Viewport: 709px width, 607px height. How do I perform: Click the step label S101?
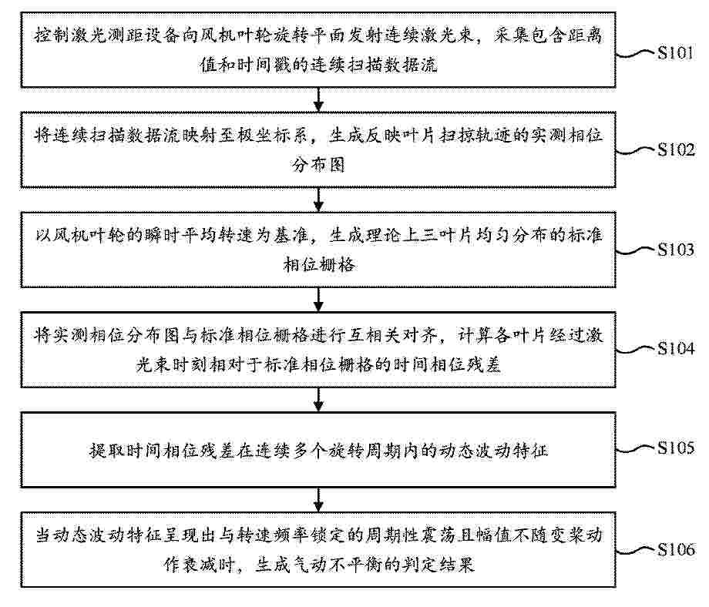pyautogui.click(x=675, y=53)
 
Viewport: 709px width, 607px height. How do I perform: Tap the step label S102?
pyautogui.click(x=676, y=149)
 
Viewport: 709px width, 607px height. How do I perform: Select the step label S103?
pyautogui.click(x=676, y=250)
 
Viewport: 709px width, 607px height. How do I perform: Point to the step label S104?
pyautogui.click(x=676, y=348)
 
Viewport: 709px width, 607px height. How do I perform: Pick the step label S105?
pyautogui.click(x=676, y=448)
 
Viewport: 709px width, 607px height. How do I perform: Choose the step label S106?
pyautogui.click(x=676, y=549)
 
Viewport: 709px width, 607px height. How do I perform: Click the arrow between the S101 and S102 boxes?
pyautogui.click(x=319, y=99)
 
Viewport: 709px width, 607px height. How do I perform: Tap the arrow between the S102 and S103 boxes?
pyautogui.click(x=319, y=200)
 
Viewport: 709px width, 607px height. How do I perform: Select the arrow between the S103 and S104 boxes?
pyautogui.click(x=319, y=299)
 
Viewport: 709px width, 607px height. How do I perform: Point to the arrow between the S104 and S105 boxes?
pyautogui.click(x=319, y=400)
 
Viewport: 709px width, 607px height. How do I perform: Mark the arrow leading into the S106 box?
pyautogui.click(x=319, y=499)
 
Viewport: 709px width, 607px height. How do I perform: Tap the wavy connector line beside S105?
pyautogui.click(x=636, y=449)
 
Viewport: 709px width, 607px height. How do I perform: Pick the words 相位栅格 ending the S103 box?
pyautogui.click(x=319, y=264)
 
